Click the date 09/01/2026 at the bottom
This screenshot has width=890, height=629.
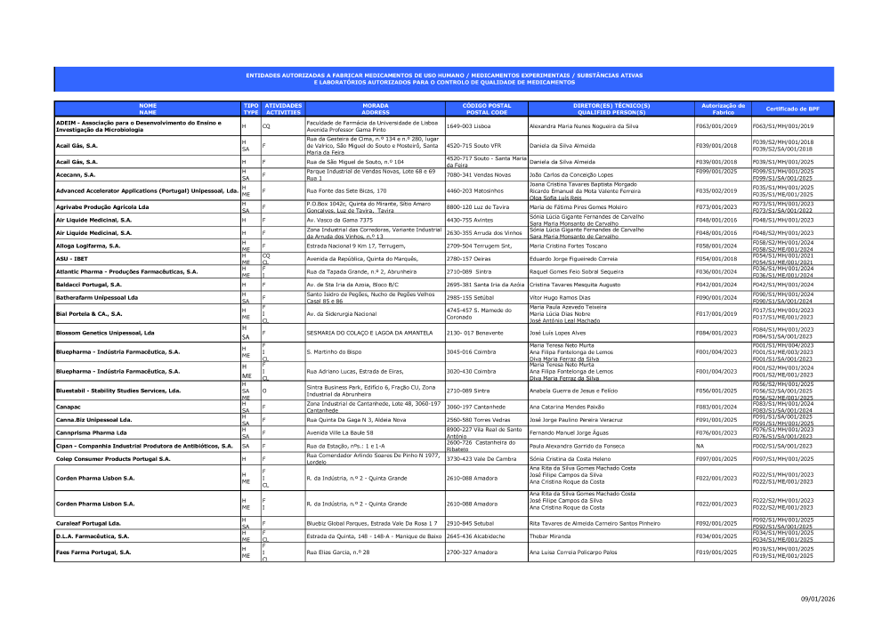click(818, 599)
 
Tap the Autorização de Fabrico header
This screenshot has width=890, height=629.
click(722, 109)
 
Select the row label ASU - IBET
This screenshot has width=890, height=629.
click(71, 259)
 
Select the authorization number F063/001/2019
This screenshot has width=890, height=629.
click(716, 126)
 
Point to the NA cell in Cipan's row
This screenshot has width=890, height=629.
click(700, 446)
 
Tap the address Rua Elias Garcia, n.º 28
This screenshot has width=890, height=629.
click(337, 552)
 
